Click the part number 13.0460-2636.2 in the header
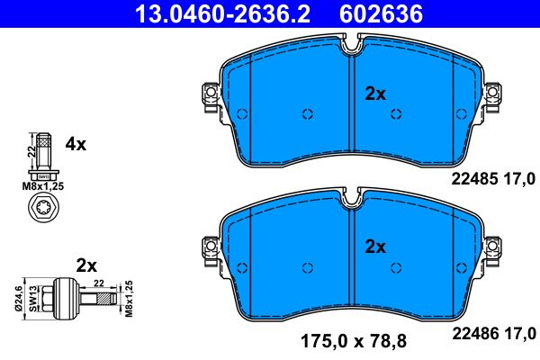(206, 13)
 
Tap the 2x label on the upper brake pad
(374, 93)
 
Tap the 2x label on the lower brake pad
(374, 246)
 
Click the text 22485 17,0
(493, 178)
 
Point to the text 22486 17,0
(493, 331)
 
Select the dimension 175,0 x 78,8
(353, 340)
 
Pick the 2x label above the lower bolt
(86, 265)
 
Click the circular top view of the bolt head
(43, 211)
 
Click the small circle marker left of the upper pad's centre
(307, 113)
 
